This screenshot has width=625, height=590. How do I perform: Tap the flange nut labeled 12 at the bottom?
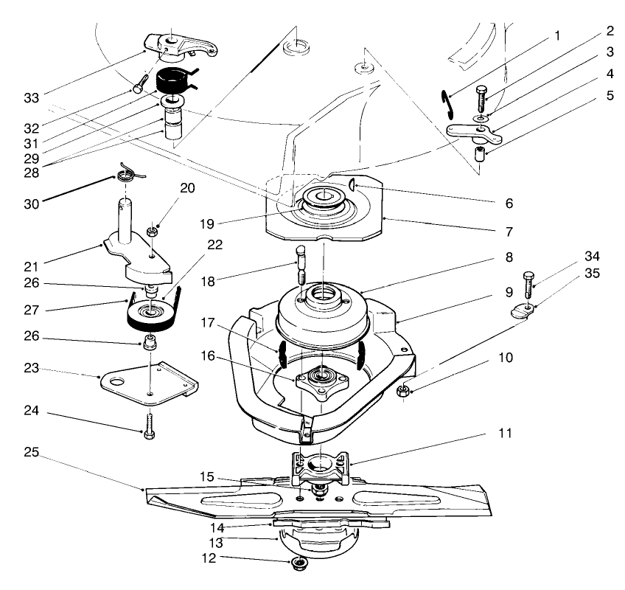click(x=300, y=565)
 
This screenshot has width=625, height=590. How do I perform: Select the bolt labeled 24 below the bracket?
click(x=150, y=426)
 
